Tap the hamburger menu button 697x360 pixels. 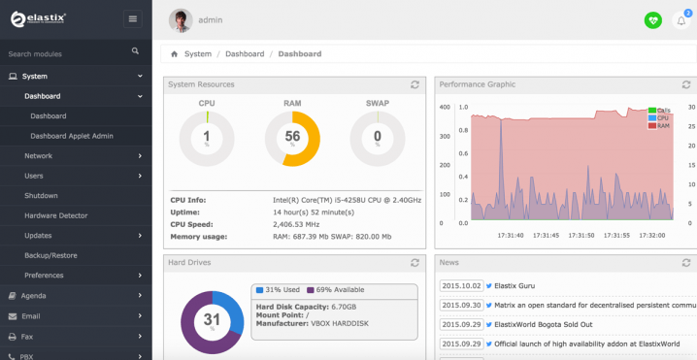tap(132, 18)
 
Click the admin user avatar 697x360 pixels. tap(181, 19)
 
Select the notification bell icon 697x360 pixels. tap(680, 20)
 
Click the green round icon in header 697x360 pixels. tap(652, 20)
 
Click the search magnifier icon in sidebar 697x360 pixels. tap(135, 50)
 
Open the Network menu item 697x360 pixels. tap(39, 155)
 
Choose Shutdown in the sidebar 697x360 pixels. tap(41, 195)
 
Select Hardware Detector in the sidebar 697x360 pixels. tap(55, 215)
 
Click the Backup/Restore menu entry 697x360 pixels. tap(50, 255)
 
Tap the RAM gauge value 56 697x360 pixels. tap(292, 138)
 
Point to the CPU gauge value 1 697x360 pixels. tap(207, 138)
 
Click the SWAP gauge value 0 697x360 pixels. tap(377, 138)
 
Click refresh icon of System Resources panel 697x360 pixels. tap(415, 85)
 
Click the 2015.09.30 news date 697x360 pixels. tap(460, 305)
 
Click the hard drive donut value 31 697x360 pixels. tap(211, 318)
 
